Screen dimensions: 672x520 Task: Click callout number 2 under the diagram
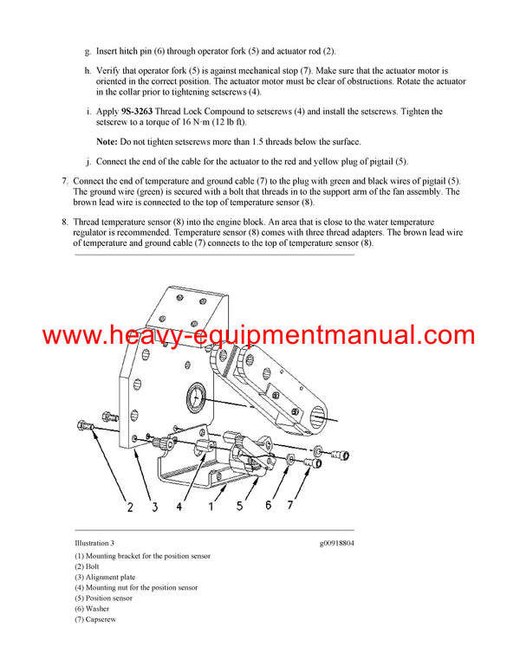(x=130, y=507)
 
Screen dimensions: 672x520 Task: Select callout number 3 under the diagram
(x=154, y=507)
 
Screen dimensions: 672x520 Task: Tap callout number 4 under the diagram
(x=179, y=507)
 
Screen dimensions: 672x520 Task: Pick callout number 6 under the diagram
(x=268, y=505)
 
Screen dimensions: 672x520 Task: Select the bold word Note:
(x=107, y=140)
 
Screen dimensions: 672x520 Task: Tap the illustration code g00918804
(x=337, y=543)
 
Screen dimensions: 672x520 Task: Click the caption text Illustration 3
(x=95, y=543)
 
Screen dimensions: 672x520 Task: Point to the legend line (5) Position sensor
(x=103, y=598)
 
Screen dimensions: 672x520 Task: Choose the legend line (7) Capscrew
(x=95, y=619)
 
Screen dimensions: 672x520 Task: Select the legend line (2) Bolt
(x=89, y=566)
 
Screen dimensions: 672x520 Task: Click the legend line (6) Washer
(x=94, y=609)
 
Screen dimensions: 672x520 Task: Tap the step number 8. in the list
(x=64, y=222)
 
